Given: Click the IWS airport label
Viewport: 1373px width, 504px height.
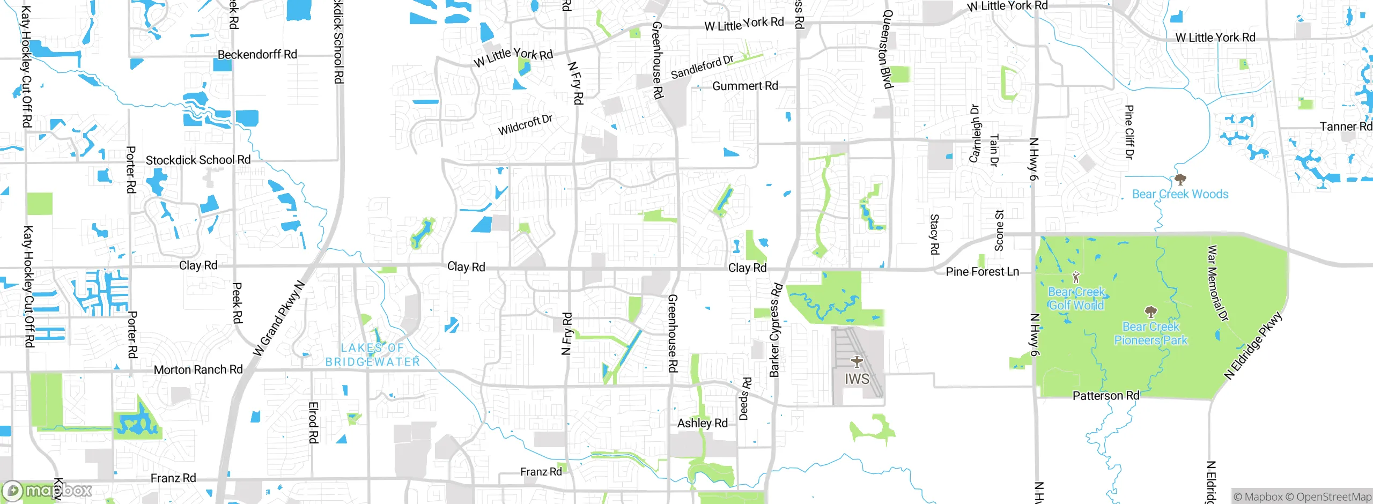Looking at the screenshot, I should [x=857, y=379].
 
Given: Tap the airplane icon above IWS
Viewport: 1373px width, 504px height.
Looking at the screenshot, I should [x=857, y=361].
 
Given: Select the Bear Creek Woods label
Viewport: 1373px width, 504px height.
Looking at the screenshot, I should [x=1180, y=194].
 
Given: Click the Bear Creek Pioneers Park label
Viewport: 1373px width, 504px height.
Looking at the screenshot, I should [x=1150, y=333].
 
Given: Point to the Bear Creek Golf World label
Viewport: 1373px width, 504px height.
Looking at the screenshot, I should [x=1076, y=299].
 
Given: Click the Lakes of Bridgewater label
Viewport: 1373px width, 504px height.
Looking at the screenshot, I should [x=373, y=355].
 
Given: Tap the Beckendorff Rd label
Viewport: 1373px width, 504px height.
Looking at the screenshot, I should [x=257, y=55].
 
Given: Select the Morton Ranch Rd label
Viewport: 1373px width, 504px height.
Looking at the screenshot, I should [x=198, y=370].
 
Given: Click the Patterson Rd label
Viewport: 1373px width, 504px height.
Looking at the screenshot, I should [x=1105, y=396].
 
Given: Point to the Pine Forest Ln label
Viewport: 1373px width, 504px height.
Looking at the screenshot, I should [x=982, y=272].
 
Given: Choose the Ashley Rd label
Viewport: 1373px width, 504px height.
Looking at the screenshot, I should [x=702, y=423].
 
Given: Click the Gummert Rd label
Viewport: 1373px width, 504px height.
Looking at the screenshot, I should [x=745, y=86].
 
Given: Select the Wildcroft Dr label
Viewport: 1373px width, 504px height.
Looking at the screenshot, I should [x=525, y=125].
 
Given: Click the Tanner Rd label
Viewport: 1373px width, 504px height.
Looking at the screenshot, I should [x=1345, y=127].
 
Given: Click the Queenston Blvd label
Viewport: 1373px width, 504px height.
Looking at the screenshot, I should [x=887, y=49].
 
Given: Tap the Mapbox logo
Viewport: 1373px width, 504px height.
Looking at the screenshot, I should [x=47, y=490].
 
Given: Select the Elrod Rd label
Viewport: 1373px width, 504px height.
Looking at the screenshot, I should [x=313, y=423].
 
